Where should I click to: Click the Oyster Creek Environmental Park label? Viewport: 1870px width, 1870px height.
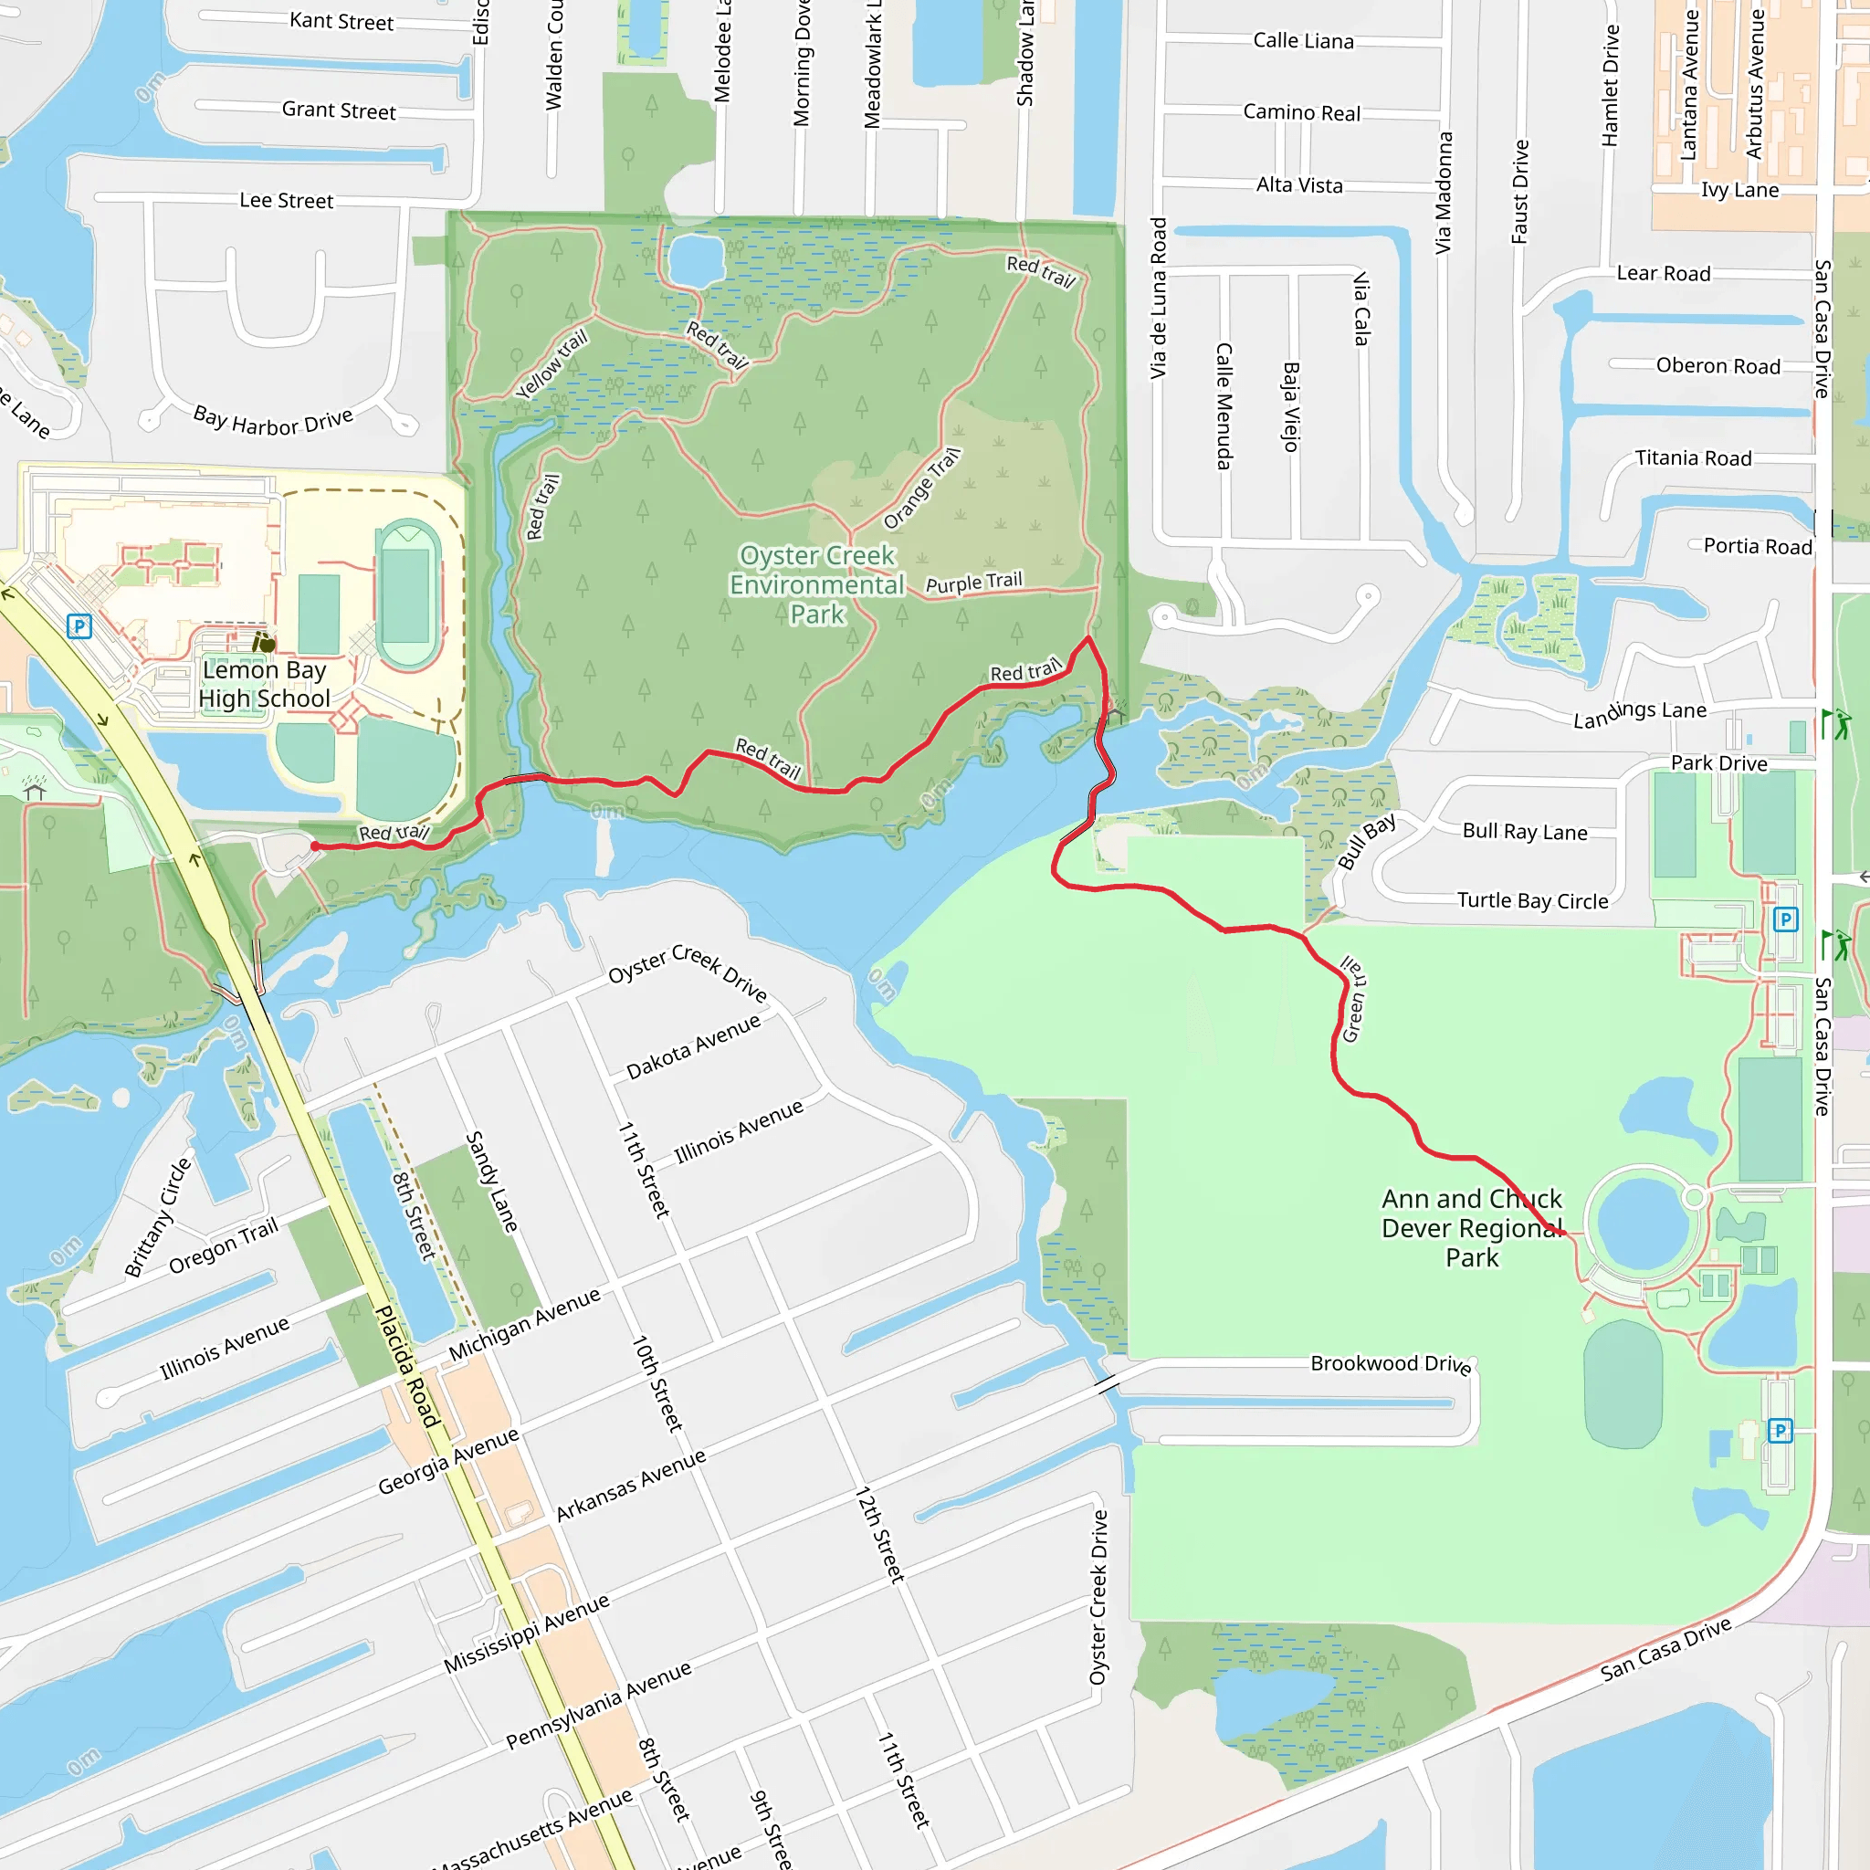coord(817,584)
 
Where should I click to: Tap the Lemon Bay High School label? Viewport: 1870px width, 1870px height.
coord(264,684)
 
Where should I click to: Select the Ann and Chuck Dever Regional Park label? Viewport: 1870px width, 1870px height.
coord(1471,1228)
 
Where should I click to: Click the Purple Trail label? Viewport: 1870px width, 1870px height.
coord(973,583)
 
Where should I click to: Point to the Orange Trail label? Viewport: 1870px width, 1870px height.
coord(921,489)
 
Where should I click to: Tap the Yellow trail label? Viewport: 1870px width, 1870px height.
coord(551,365)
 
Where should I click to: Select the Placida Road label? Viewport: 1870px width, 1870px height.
coord(407,1366)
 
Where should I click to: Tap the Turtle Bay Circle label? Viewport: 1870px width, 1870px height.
coord(1532,901)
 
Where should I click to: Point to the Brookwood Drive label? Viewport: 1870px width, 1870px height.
coord(1391,1364)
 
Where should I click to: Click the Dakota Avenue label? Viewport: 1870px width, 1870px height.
coord(693,1047)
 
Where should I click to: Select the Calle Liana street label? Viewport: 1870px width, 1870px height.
coord(1303,41)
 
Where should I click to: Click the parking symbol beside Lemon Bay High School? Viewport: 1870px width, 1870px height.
coord(79,626)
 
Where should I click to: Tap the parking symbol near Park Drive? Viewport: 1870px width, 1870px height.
coord(1786,919)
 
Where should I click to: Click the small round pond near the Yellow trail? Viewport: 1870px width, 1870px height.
coord(696,259)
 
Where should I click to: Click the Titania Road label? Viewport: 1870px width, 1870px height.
coord(1693,457)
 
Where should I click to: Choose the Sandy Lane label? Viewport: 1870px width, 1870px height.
coord(492,1182)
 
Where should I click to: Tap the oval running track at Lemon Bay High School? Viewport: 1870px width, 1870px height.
coord(407,594)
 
